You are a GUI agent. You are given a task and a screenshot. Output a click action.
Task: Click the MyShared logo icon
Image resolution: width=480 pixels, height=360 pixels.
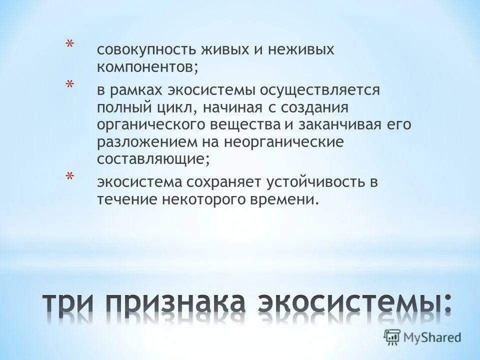[x=391, y=337]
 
